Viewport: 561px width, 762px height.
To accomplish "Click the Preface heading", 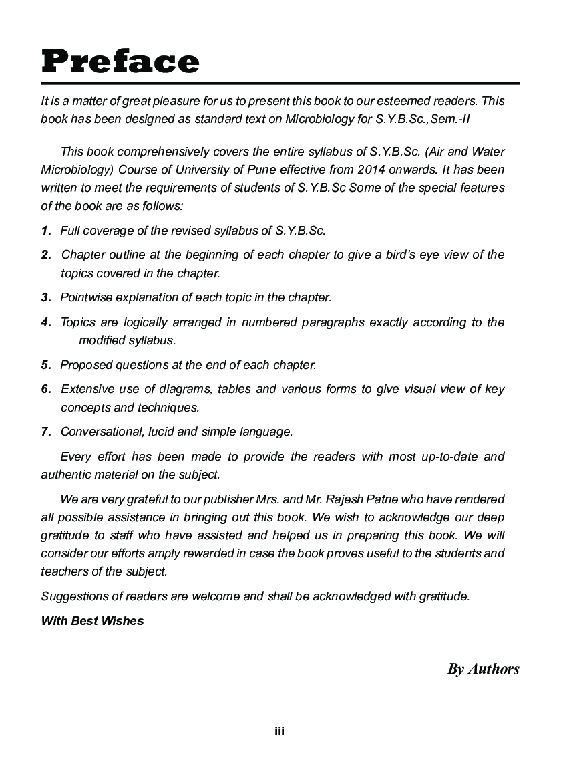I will tap(120, 61).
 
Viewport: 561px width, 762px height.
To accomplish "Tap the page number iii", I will tap(280, 731).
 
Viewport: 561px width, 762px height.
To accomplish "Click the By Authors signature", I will tap(483, 669).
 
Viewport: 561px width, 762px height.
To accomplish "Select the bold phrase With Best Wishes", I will tap(92, 621).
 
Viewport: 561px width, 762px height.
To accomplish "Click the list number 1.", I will tap(46, 231).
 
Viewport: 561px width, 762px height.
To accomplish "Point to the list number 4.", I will tap(46, 322).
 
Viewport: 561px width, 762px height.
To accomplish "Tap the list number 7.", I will tap(46, 432).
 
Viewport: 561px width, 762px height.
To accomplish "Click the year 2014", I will tap(370, 170).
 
